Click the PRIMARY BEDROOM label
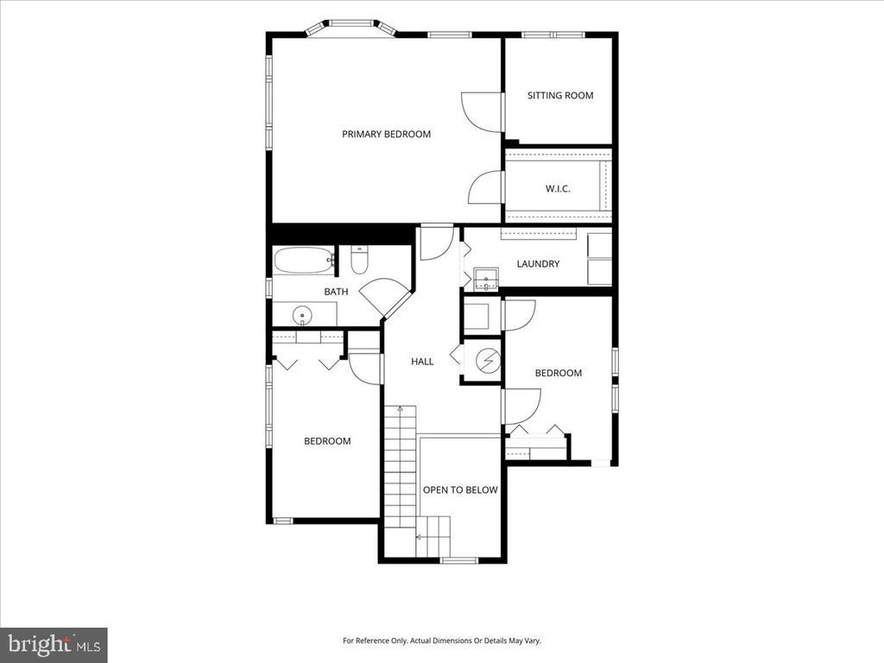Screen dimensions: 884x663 [386, 134]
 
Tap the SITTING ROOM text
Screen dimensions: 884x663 [560, 96]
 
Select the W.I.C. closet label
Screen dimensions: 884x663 [558, 189]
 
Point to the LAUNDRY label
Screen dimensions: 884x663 [538, 264]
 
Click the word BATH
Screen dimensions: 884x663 [336, 292]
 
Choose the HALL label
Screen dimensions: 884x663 [422, 362]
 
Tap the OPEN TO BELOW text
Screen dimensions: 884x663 [460, 490]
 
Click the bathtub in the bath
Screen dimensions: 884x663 [305, 261]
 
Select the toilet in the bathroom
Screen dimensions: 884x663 [359, 260]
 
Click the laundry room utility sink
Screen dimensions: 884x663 [486, 279]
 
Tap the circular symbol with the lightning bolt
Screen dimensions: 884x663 [488, 362]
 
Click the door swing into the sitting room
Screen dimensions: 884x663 [482, 111]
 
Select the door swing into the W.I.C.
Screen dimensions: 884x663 [484, 187]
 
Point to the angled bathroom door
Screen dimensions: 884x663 [385, 297]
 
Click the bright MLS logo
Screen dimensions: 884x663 [54, 644]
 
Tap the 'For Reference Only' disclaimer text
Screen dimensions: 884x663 [442, 641]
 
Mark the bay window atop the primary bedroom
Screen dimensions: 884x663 [350, 27]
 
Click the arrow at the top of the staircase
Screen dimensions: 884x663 [401, 408]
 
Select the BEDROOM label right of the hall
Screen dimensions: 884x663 [559, 373]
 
